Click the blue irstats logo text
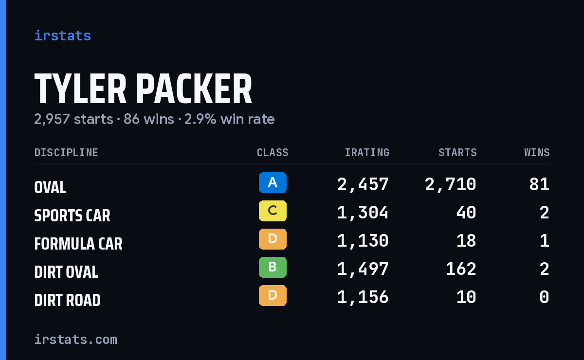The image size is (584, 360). click(63, 36)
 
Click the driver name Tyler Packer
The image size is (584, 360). click(143, 89)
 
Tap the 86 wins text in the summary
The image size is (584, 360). click(148, 119)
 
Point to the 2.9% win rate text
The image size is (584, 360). click(229, 119)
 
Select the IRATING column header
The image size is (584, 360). click(367, 152)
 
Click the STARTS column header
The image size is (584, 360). click(457, 152)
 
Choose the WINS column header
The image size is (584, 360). click(537, 152)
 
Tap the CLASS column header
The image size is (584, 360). click(273, 152)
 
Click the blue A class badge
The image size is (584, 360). click(273, 182)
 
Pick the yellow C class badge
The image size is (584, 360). click(273, 211)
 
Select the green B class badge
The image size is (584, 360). click(273, 267)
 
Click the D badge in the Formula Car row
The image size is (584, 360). click(273, 239)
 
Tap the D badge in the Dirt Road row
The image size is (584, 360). click(273, 295)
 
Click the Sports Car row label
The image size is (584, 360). click(72, 216)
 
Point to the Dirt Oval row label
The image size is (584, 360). click(66, 272)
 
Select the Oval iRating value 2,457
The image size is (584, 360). click(363, 184)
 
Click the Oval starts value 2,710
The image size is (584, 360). click(451, 184)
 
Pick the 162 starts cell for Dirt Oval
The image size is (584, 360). click(461, 269)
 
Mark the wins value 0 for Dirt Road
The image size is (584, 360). click(545, 297)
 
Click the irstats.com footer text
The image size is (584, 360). click(76, 340)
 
